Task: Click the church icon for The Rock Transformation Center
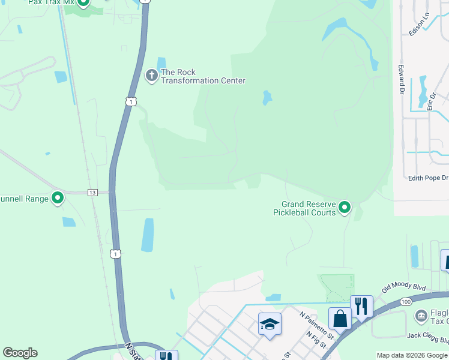[x=152, y=76]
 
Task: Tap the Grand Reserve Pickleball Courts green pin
[x=345, y=208]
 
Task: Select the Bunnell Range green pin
[x=58, y=197]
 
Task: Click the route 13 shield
[x=92, y=192]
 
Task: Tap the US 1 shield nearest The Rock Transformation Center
[x=130, y=102]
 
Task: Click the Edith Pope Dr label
[x=428, y=178]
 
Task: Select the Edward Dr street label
[x=401, y=80]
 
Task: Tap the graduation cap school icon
[x=270, y=325]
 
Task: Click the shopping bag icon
[x=340, y=319]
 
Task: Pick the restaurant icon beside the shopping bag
[x=361, y=306]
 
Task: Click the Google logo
[x=20, y=353]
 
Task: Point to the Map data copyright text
[x=412, y=355]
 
